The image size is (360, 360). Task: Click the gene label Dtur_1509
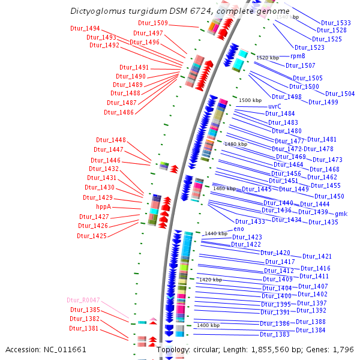coord(153,23)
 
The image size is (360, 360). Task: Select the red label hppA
coord(104,206)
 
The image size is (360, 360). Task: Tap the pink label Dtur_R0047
coord(83,299)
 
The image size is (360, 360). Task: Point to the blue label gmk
coord(341,214)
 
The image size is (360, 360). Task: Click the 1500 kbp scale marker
coord(250,100)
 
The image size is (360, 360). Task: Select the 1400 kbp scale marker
coord(208,325)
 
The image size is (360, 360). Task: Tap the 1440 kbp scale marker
coord(215,233)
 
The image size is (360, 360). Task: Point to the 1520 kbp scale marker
coord(268,58)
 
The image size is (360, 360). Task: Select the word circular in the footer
coord(206,349)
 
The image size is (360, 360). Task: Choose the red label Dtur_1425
coord(92,236)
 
